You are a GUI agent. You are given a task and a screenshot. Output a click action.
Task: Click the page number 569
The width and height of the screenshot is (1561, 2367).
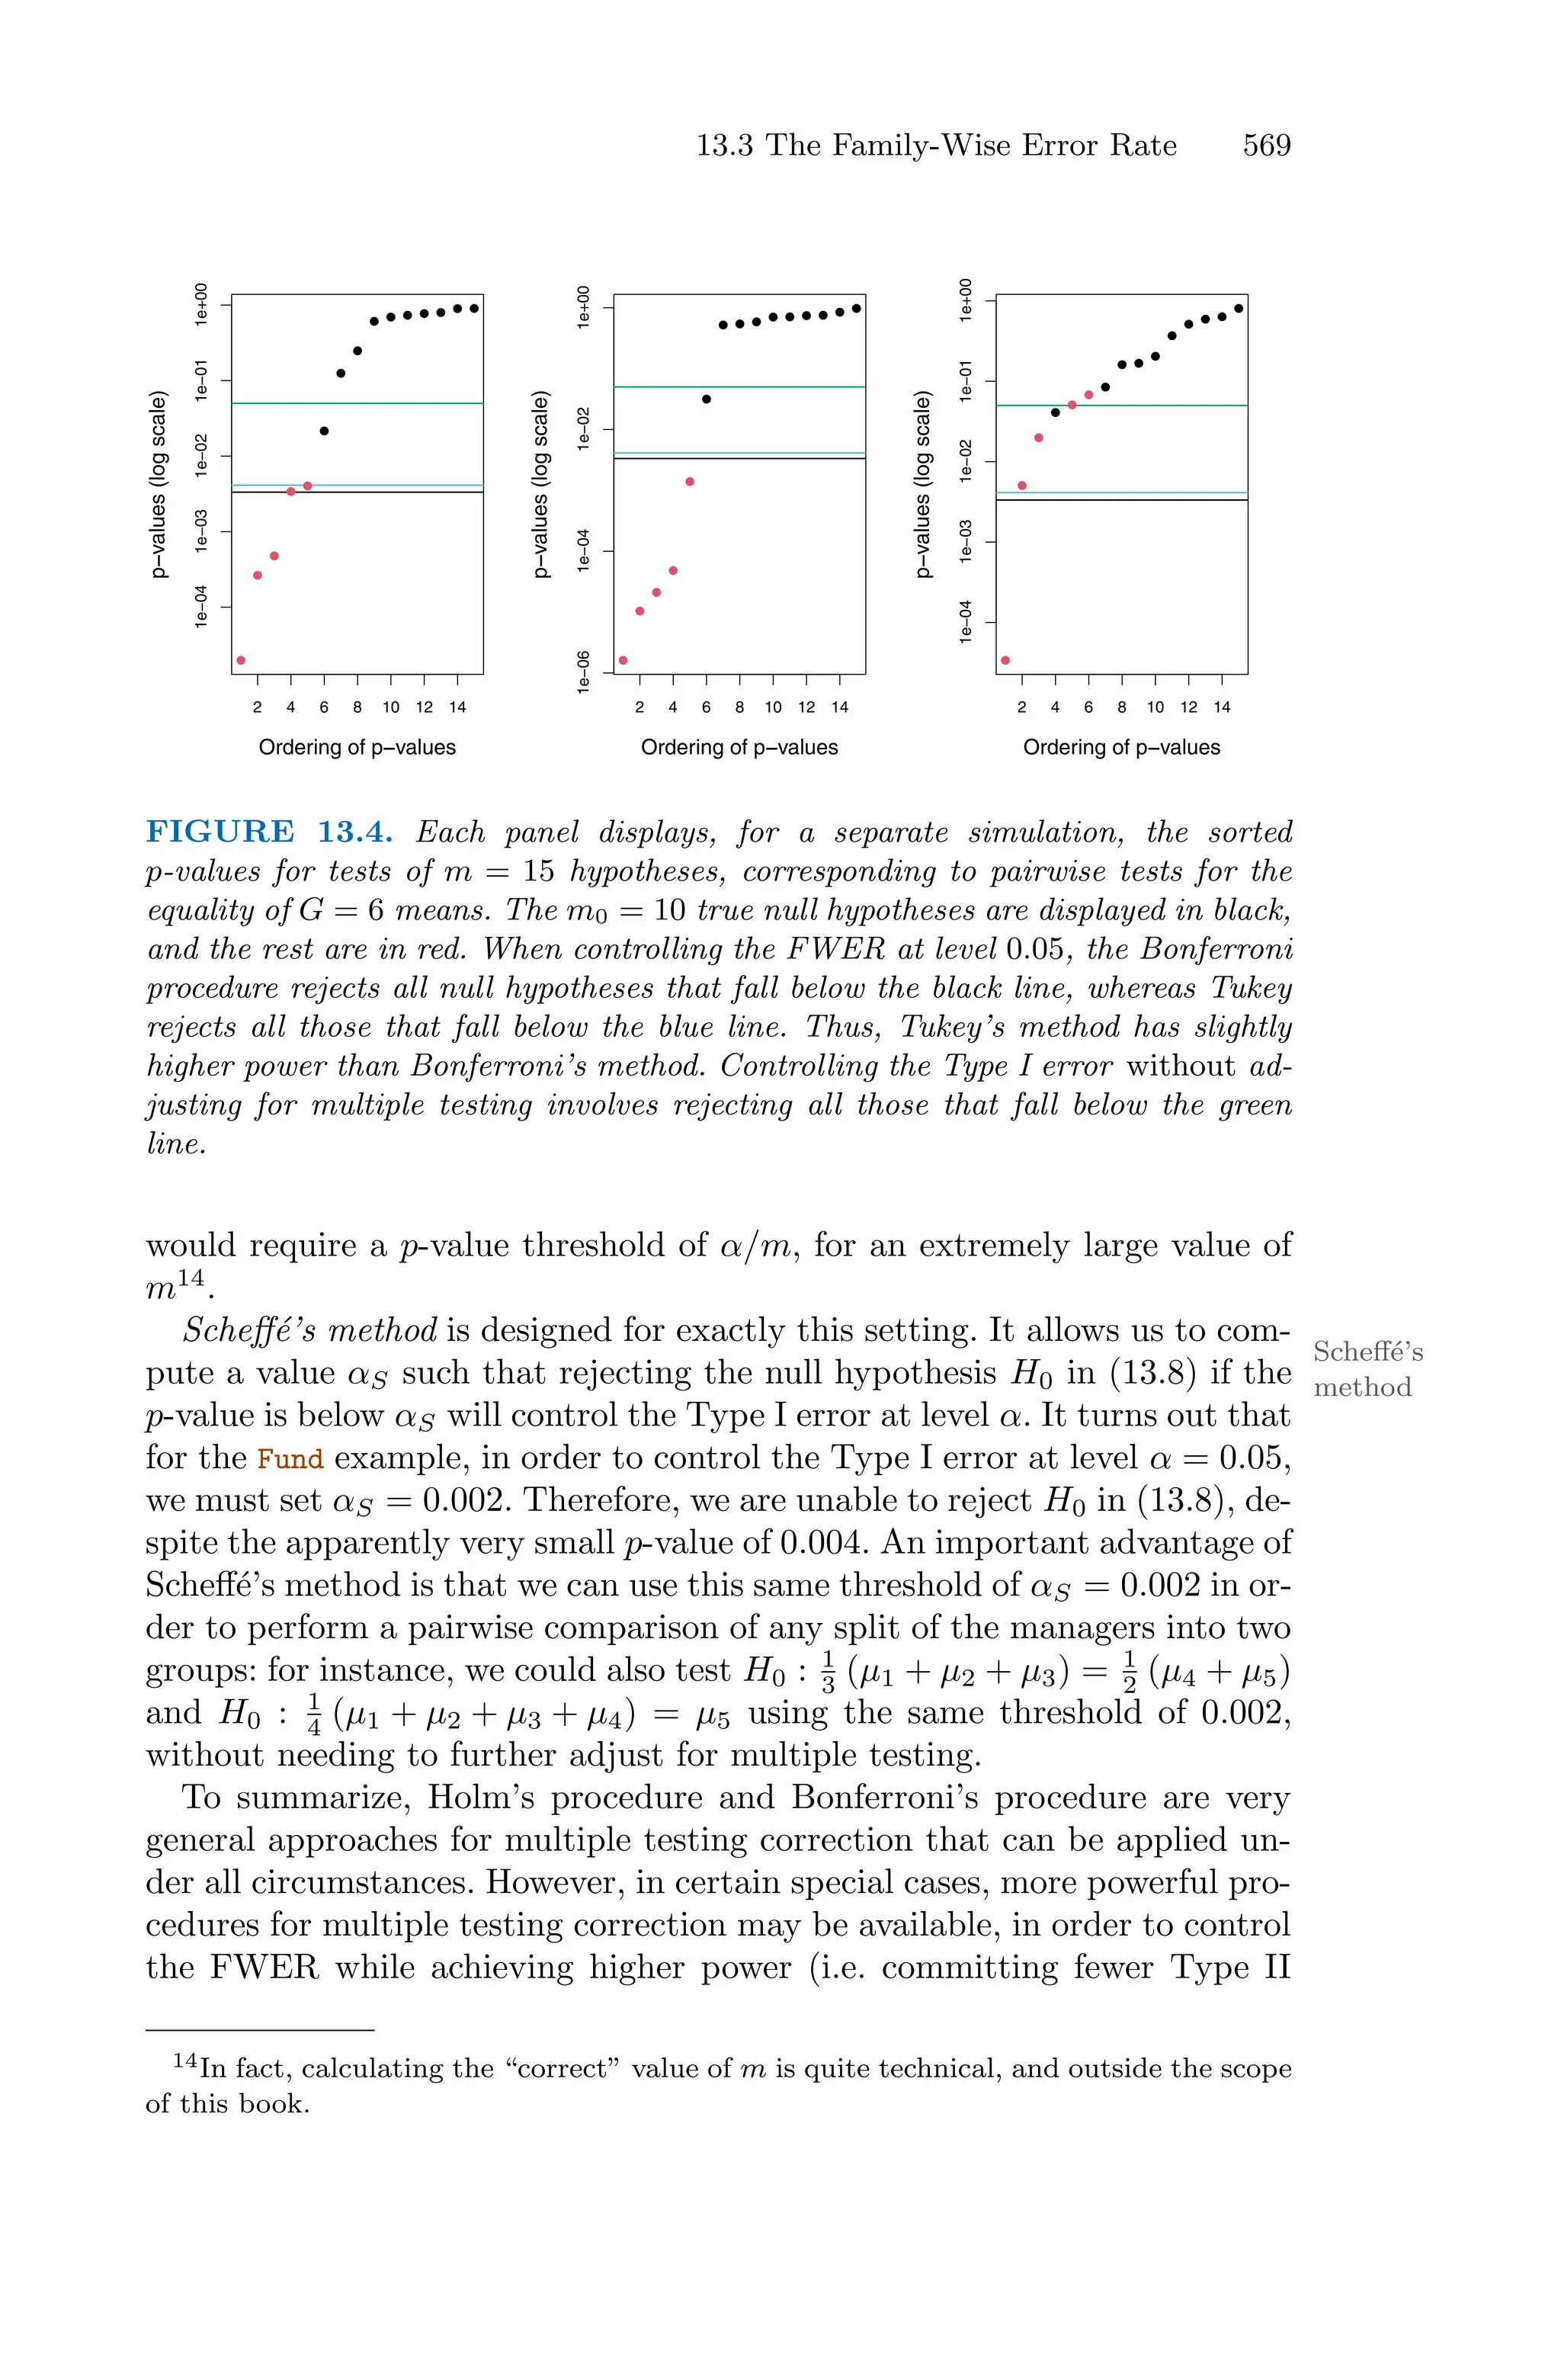pyautogui.click(x=1265, y=146)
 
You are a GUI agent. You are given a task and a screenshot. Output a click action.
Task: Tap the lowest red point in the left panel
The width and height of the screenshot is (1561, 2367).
pyautogui.click(x=241, y=660)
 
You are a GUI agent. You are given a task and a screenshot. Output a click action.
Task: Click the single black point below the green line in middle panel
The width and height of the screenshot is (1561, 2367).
pyautogui.click(x=706, y=399)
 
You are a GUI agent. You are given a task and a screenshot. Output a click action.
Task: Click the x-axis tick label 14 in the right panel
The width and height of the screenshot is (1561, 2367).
pyautogui.click(x=1222, y=707)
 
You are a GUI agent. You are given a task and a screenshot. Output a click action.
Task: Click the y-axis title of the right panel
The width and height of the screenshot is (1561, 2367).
pyautogui.click(x=923, y=485)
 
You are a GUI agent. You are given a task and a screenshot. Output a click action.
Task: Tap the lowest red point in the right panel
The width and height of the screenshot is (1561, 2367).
pyautogui.click(x=1005, y=660)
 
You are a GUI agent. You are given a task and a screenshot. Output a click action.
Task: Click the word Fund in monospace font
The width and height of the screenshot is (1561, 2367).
pyautogui.click(x=290, y=1459)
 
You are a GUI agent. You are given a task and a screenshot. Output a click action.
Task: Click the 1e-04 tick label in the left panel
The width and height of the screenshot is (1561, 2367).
pyautogui.click(x=202, y=606)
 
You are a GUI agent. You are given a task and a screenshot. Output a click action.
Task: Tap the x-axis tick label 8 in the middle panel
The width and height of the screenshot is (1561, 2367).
pyautogui.click(x=739, y=707)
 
